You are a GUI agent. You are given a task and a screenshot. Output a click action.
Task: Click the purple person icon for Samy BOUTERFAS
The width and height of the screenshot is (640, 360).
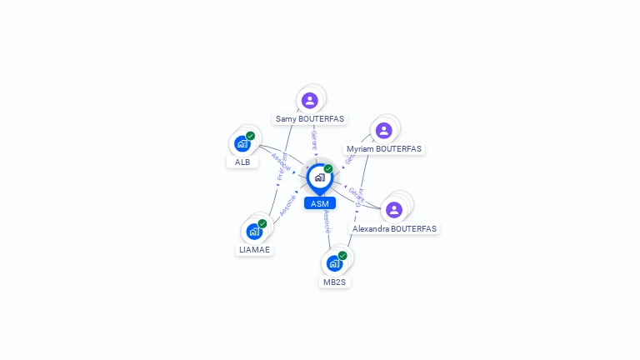click(310, 100)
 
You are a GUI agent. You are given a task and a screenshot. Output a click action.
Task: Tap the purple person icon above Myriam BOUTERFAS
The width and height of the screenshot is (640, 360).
click(383, 130)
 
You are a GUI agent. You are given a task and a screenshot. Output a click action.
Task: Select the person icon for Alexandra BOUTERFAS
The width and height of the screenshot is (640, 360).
click(394, 209)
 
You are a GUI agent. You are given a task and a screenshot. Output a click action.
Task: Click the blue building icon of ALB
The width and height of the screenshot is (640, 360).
click(242, 143)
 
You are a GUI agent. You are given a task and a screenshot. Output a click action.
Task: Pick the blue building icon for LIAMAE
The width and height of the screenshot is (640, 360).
click(254, 231)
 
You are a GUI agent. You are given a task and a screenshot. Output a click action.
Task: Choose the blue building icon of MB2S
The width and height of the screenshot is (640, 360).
click(334, 263)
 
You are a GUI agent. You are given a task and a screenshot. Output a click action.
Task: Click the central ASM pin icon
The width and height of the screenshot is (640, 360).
click(319, 177)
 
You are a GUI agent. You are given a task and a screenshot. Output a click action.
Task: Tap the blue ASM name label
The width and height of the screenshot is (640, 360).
click(319, 203)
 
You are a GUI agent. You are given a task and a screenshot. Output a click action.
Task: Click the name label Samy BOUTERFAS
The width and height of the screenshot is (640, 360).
click(310, 119)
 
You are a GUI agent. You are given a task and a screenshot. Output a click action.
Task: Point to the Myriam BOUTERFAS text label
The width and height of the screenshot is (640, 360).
click(384, 149)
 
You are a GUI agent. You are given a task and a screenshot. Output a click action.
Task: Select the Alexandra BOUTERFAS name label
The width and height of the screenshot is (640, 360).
click(394, 228)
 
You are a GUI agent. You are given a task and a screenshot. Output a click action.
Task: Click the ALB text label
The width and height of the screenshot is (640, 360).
click(242, 162)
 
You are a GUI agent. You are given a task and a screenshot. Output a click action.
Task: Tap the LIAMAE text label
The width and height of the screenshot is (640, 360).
click(254, 249)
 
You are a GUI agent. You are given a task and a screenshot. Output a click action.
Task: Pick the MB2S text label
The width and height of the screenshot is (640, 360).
click(334, 282)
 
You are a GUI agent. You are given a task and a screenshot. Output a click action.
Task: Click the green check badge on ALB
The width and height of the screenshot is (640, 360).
click(250, 136)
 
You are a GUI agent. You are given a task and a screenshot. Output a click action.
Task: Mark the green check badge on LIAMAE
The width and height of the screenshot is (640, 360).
click(262, 223)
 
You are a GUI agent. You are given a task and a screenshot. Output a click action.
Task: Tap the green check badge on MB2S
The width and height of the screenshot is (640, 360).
click(342, 256)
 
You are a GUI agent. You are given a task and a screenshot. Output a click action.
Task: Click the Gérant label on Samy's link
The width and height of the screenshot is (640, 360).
click(314, 139)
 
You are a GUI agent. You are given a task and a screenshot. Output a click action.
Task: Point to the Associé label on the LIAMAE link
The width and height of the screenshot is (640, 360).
click(288, 205)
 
